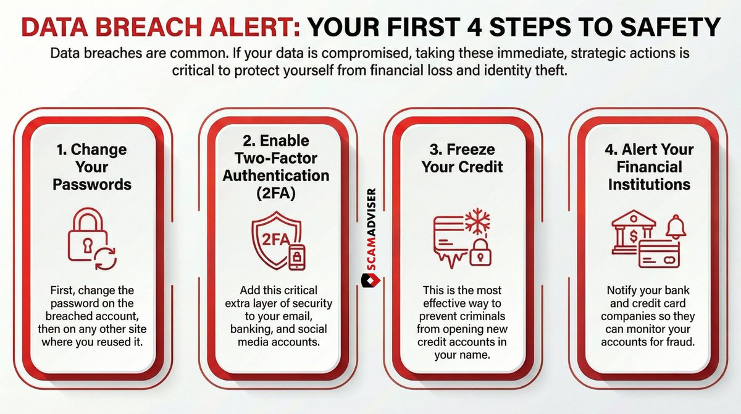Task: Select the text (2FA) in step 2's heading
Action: coord(276,193)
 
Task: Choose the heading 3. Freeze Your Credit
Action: coord(463,158)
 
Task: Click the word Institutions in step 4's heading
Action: coord(649,184)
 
